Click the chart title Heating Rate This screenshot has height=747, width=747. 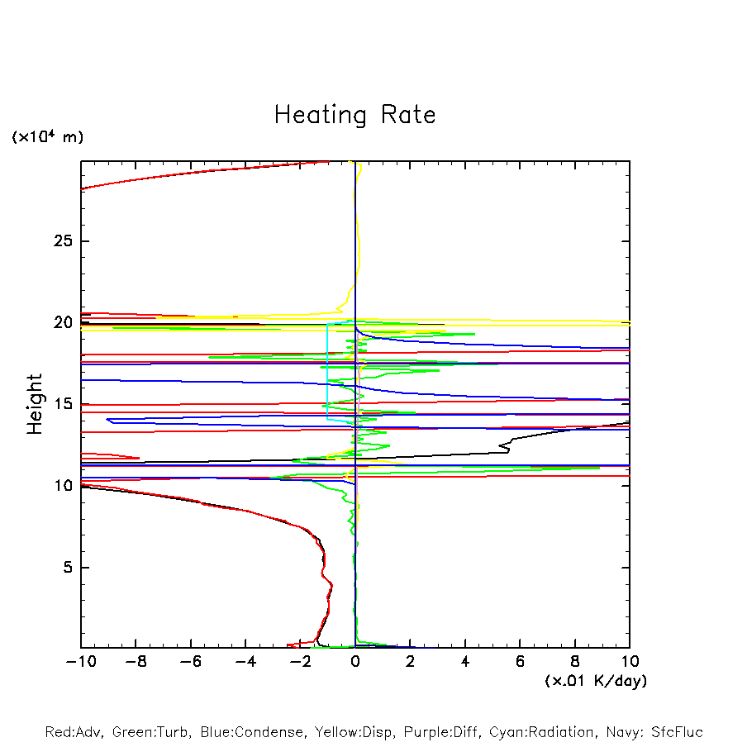click(x=354, y=115)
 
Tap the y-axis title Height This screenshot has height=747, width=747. click(x=35, y=404)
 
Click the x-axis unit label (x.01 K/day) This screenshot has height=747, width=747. click(x=596, y=681)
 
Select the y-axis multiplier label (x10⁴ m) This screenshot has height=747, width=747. click(x=47, y=136)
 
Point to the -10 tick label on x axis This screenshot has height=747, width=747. click(x=80, y=663)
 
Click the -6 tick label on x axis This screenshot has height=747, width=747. click(x=190, y=663)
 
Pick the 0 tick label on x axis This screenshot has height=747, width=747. click(x=355, y=663)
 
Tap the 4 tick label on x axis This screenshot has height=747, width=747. click(x=465, y=663)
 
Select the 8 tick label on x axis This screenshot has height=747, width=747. click(x=575, y=663)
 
